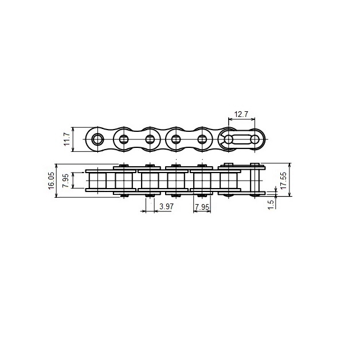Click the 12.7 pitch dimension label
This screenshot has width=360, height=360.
tap(241, 114)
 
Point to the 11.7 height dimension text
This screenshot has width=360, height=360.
tap(67, 139)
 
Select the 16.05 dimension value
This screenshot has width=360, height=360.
tap(52, 181)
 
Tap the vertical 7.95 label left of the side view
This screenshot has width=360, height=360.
tap(66, 181)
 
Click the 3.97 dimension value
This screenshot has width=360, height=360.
tap(166, 206)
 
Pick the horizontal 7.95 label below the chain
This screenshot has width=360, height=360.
tap(202, 207)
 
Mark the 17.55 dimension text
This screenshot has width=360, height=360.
tap(284, 181)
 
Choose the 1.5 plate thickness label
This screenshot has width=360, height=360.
tap(271, 204)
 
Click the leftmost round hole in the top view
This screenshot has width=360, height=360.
tap(97, 139)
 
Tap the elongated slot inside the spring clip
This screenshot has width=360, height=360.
tap(241, 139)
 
